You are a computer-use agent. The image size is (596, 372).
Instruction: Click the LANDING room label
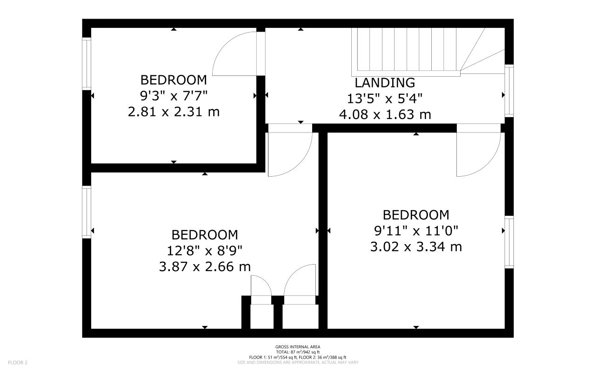[385, 83]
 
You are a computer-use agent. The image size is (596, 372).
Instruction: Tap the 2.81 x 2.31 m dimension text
[174, 112]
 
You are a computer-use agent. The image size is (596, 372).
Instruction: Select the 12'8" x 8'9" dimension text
[204, 251]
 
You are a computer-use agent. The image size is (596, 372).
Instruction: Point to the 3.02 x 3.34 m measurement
[416, 246]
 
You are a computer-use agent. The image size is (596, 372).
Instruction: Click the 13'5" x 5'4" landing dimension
[385, 99]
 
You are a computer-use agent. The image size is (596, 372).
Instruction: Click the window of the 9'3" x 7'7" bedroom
[87, 63]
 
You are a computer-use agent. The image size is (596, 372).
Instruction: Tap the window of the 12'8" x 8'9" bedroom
[87, 212]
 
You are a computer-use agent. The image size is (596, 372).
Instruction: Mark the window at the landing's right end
[509, 91]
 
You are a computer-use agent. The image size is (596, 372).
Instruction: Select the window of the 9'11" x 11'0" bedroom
[509, 242]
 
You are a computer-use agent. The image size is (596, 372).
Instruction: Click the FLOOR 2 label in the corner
[18, 362]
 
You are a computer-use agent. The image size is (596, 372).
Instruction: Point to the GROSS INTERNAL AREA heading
[297, 347]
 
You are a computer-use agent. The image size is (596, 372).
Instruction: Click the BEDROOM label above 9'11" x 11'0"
[416, 215]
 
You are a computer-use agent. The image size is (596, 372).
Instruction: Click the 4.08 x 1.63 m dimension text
[385, 114]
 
